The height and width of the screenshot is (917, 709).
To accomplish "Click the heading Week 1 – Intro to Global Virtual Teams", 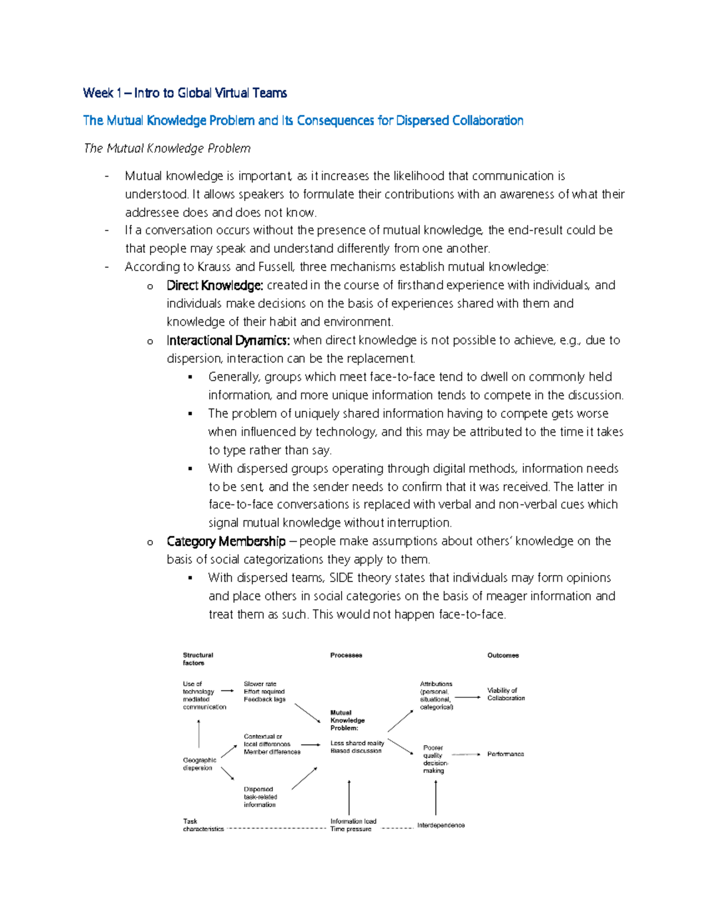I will (185, 93).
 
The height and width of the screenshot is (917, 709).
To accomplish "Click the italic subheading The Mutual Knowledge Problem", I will (167, 148).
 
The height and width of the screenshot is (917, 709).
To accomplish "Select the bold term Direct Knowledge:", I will (214, 285).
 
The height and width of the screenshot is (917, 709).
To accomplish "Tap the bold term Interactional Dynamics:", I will (228, 340).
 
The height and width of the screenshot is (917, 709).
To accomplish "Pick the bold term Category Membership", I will (226, 541).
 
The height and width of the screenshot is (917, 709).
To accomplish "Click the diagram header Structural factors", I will (197, 659).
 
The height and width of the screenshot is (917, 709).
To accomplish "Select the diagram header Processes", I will (346, 655).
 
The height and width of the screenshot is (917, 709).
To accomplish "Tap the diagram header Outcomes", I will (503, 655).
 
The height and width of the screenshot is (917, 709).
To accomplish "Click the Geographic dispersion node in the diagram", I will (199, 764).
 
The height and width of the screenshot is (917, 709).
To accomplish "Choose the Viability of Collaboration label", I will (506, 694).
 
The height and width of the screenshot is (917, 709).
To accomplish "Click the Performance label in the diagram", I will (505, 754).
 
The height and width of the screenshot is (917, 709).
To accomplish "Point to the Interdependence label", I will (441, 825).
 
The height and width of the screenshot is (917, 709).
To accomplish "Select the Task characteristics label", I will (203, 825).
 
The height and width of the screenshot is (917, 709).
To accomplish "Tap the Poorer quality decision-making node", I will (435, 759).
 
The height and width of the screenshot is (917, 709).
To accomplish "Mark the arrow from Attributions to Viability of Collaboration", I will (468, 697).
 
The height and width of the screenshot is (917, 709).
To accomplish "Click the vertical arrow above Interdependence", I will (436, 798).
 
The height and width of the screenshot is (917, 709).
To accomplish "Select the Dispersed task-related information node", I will (260, 797).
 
